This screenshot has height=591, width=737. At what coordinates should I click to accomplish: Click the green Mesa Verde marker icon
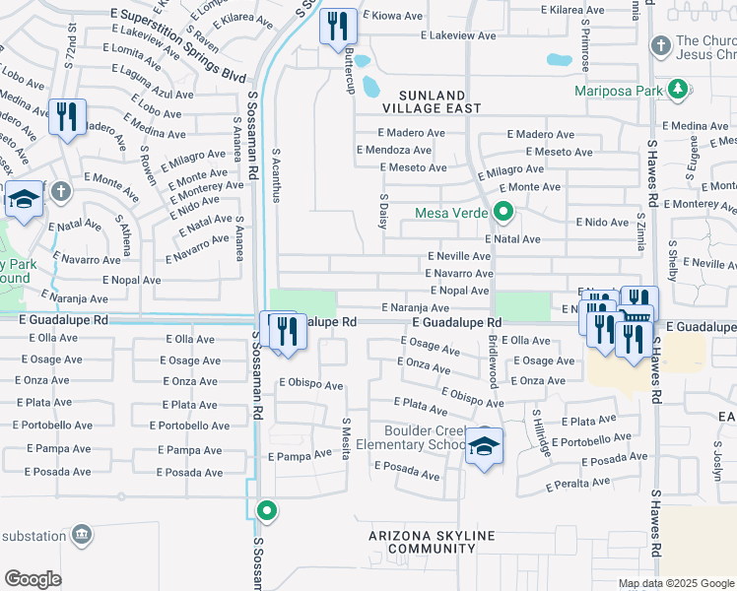(503, 212)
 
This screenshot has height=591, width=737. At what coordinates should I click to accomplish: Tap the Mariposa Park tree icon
(677, 92)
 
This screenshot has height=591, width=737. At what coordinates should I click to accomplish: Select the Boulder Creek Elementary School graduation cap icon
(484, 447)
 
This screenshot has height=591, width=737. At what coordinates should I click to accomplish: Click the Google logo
(33, 579)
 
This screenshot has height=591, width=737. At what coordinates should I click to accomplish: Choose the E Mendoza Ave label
(393, 151)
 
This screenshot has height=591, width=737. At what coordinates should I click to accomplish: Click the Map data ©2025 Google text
(676, 583)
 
